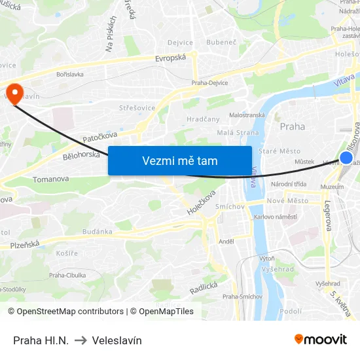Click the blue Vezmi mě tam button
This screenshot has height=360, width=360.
[x=180, y=160]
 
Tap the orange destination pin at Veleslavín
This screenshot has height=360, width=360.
[x=14, y=92]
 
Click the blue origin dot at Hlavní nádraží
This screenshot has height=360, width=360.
[x=346, y=158]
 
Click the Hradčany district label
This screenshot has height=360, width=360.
[x=202, y=119]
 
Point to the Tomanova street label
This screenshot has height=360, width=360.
[x=50, y=179]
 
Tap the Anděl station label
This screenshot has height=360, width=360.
[x=226, y=241]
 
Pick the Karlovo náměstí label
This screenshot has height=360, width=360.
[x=276, y=217]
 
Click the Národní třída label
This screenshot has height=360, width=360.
[x=289, y=184]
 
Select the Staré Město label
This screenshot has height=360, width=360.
[x=279, y=151]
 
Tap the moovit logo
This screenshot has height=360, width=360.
[x=321, y=339]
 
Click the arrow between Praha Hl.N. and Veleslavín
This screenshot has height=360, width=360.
[x=81, y=340]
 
